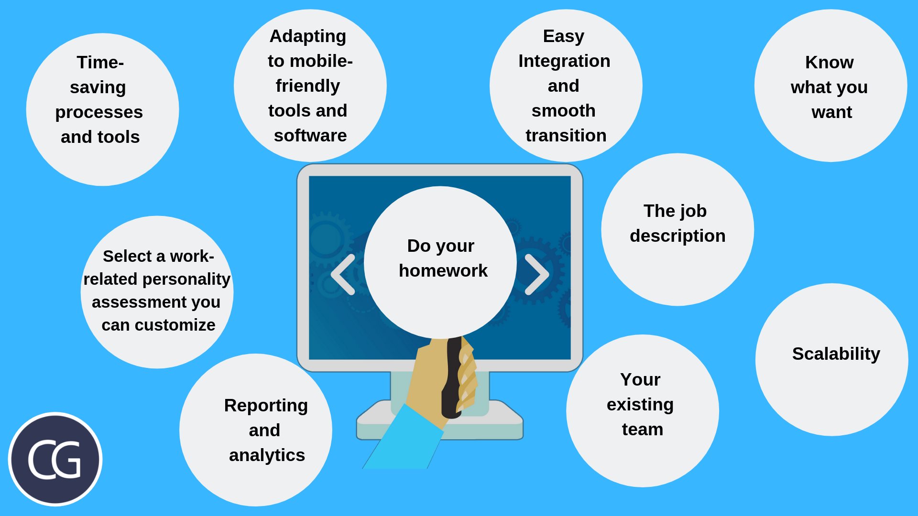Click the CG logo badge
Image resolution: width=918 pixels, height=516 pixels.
click(x=55, y=459)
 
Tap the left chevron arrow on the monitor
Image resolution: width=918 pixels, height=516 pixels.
click(x=343, y=274)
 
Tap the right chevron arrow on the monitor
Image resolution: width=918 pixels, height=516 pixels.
click(x=537, y=274)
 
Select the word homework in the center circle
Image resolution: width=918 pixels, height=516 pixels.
click(x=443, y=271)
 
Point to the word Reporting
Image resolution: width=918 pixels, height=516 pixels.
click(x=266, y=406)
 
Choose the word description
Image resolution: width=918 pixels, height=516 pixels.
click(x=678, y=236)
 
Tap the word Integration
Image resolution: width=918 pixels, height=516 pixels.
click(x=564, y=62)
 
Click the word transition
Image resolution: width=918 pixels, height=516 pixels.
click(x=566, y=136)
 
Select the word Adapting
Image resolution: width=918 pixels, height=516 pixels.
click(x=308, y=37)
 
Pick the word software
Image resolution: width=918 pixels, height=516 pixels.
click(x=310, y=136)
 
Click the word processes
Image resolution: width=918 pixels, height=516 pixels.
click(x=99, y=113)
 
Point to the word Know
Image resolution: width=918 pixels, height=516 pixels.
click(x=829, y=63)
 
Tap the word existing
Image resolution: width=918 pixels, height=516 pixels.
click(x=640, y=405)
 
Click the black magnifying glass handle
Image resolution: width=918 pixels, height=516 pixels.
click(x=452, y=377)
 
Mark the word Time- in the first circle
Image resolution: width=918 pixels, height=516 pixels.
click(x=100, y=63)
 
